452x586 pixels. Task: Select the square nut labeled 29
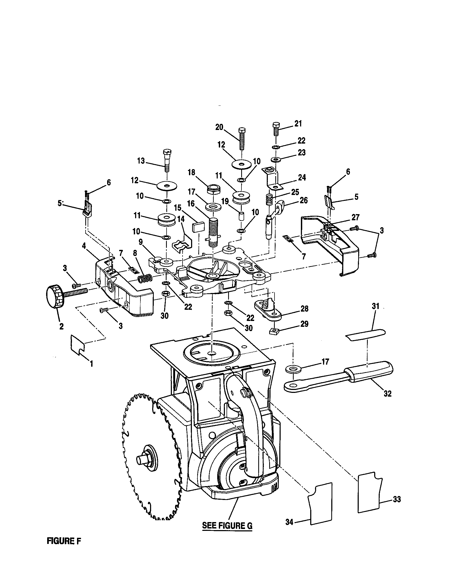pos(274,332)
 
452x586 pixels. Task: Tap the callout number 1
pos(91,364)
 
